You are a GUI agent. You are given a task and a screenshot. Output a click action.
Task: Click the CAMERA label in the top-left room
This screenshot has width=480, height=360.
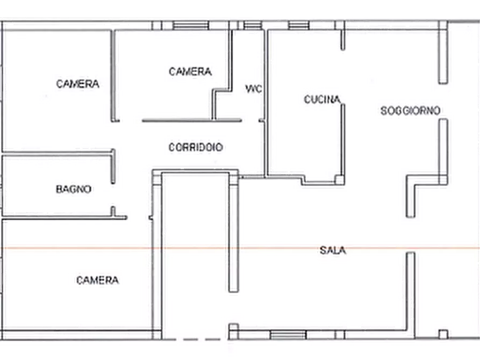pyautogui.click(x=78, y=84)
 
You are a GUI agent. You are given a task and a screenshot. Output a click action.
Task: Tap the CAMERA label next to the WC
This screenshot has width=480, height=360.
pyautogui.click(x=190, y=71)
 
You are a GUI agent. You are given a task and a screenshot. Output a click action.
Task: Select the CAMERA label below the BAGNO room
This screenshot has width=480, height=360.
pyautogui.click(x=97, y=280)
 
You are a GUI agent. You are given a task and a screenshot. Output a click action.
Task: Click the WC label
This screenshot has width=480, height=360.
pyautogui.click(x=254, y=89)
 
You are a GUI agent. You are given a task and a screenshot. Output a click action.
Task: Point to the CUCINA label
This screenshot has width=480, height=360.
pyautogui.click(x=322, y=99)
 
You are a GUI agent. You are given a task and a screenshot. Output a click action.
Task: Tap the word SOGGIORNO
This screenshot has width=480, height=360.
pyautogui.click(x=411, y=111)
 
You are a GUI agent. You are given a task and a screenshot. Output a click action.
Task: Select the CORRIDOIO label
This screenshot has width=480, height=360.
pyautogui.click(x=196, y=147)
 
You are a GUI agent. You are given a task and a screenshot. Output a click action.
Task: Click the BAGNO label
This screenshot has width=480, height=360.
pyautogui.click(x=74, y=189)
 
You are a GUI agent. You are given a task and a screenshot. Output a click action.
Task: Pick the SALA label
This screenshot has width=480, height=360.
pyautogui.click(x=333, y=250)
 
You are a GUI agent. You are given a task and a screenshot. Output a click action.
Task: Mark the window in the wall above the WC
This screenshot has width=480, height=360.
pyautogui.click(x=250, y=25)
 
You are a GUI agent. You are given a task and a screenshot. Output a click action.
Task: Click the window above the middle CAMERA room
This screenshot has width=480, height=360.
pyautogui.click(x=191, y=25)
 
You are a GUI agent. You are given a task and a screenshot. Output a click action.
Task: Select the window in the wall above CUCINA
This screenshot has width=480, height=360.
pyautogui.click(x=298, y=25)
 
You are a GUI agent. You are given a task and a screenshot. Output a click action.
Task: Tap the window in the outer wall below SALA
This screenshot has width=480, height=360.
pyautogui.click(x=281, y=335)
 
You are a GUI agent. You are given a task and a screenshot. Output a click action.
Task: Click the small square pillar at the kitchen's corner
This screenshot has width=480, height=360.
pyautogui.click(x=339, y=179)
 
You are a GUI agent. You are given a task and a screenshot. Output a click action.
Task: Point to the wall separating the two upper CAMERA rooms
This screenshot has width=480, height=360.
pyautogui.click(x=114, y=75)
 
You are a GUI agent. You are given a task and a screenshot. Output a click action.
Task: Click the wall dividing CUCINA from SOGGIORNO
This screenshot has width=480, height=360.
pyautogui.click(x=342, y=140)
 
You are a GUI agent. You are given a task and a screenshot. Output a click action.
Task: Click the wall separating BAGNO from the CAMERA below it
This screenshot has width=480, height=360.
pyautogui.click(x=59, y=218)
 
